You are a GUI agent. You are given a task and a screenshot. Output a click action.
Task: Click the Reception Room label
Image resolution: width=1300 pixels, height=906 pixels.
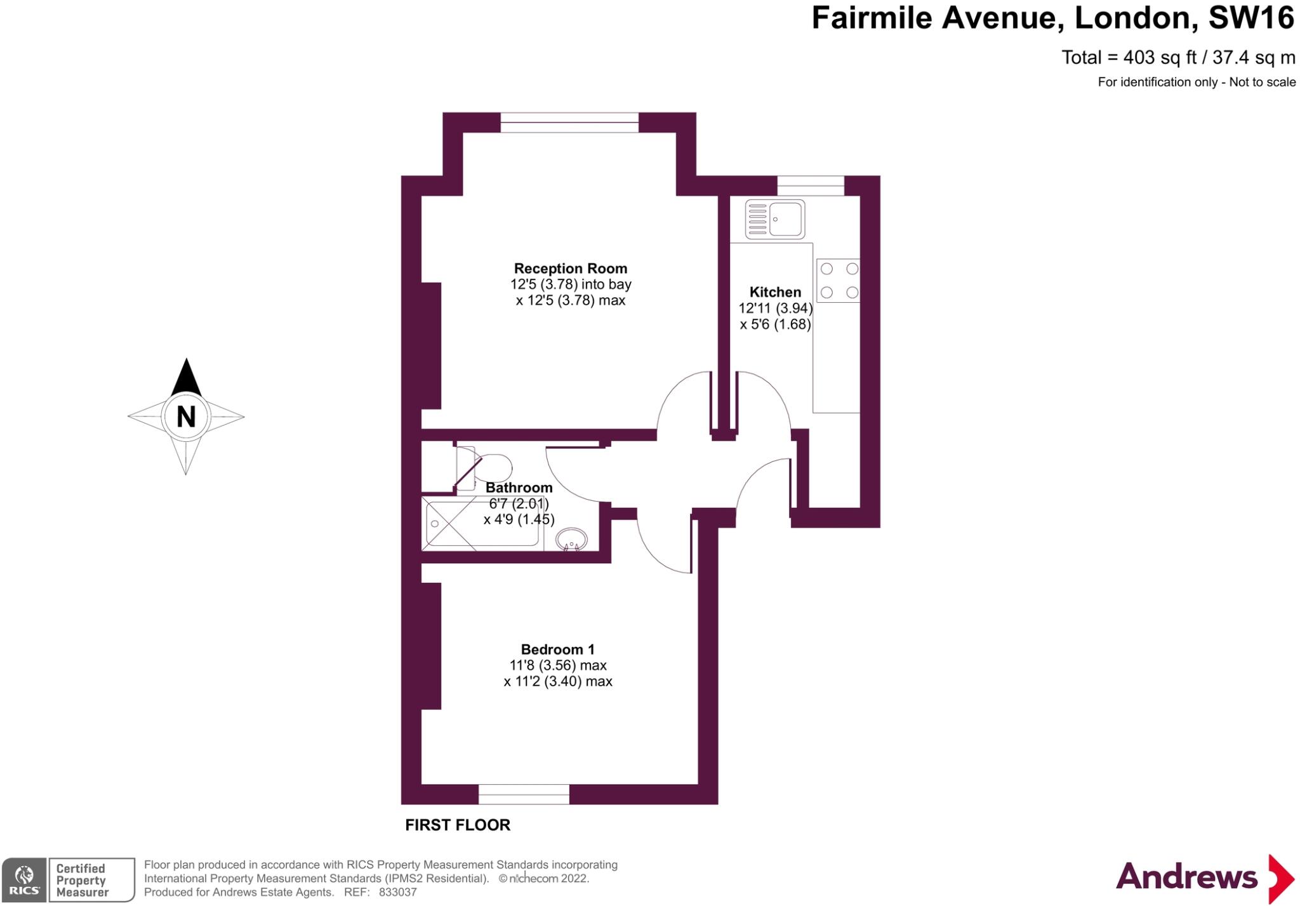coord(570,269)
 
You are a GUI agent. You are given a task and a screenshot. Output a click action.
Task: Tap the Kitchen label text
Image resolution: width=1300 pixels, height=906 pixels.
coord(775,292)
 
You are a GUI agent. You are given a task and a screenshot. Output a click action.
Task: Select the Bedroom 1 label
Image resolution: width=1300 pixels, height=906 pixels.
coord(557,650)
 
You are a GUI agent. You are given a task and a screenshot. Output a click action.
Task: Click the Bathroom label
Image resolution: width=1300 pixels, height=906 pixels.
coord(519,488)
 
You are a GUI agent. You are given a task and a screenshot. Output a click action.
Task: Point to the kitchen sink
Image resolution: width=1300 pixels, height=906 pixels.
coord(775,219)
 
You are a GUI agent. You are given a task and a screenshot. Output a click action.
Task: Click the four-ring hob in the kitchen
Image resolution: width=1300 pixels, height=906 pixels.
coord(838,280)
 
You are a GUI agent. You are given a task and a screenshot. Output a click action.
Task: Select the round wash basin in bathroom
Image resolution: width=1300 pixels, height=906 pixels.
coord(571,540)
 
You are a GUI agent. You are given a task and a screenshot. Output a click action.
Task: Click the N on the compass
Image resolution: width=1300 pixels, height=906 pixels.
coord(185,416)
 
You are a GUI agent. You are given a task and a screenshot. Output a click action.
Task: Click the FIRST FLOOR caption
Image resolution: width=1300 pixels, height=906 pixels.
coord(458,825)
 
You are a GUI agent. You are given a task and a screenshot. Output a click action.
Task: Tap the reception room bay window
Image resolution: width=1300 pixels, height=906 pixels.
coord(569,123)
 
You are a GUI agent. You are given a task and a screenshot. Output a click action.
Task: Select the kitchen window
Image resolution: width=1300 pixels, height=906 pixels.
coord(811,185)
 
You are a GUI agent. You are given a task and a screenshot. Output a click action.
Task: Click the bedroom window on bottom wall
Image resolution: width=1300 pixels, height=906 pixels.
coord(524,794)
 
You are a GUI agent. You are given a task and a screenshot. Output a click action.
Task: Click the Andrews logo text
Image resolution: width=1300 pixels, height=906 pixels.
coord(1186,877)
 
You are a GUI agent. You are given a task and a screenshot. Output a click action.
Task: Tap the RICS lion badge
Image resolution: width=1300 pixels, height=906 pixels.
coord(24,879)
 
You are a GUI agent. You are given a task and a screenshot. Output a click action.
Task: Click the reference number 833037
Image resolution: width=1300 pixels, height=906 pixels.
coord(397,892)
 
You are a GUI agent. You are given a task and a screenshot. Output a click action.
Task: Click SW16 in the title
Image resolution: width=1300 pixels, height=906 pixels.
coord(1250,18)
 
